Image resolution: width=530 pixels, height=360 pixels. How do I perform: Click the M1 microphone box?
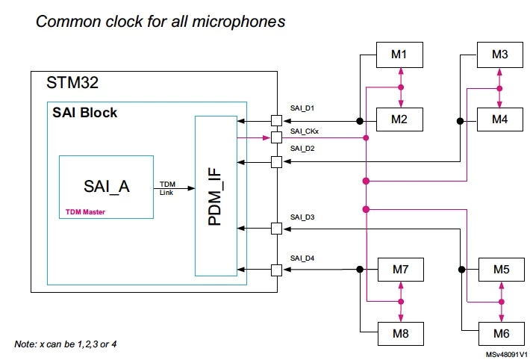(x=399, y=55)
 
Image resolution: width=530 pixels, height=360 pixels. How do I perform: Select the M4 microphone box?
(x=500, y=120)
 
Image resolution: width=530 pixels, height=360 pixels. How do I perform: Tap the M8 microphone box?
(x=401, y=334)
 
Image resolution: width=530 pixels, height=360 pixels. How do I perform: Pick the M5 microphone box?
(x=502, y=270)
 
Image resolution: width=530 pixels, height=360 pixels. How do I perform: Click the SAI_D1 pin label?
(x=302, y=108)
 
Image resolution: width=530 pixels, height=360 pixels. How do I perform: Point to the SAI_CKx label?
(x=305, y=131)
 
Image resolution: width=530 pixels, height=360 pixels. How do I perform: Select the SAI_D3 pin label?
(x=302, y=217)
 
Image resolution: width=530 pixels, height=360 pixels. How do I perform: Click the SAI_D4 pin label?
(x=302, y=258)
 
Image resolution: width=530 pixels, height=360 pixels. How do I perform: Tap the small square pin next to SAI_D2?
(x=276, y=162)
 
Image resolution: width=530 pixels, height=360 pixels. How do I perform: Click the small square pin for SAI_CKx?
(x=276, y=137)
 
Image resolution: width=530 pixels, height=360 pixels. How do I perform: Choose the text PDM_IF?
(x=215, y=196)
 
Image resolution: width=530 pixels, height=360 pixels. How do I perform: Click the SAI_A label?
(x=107, y=187)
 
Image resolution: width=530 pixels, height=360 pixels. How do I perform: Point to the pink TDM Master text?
(x=85, y=212)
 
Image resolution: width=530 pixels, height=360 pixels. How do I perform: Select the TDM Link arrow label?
(x=167, y=188)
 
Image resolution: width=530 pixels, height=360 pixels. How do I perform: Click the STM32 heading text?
(x=72, y=83)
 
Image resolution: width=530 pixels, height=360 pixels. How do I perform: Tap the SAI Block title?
(x=85, y=113)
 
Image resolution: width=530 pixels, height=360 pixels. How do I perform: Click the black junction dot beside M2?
(x=360, y=121)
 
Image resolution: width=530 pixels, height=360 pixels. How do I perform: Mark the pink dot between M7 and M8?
(x=401, y=302)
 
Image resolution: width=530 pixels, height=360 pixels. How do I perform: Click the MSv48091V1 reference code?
(x=507, y=355)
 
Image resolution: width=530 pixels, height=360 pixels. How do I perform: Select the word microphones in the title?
(x=239, y=22)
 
